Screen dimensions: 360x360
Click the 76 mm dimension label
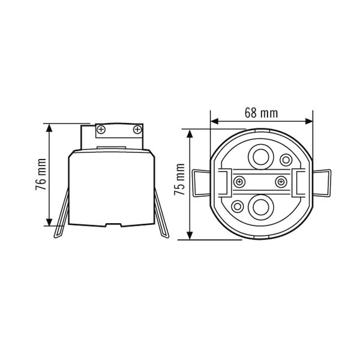(x=41, y=174)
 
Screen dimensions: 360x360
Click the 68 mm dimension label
(x=261, y=113)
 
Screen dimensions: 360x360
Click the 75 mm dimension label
(x=179, y=179)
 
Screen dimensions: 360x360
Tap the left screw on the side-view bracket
(x=101, y=130)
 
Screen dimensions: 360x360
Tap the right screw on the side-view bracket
(x=137, y=130)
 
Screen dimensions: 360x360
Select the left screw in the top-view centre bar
(x=239, y=182)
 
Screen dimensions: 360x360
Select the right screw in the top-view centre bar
(x=281, y=182)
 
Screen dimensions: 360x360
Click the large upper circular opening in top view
(x=260, y=157)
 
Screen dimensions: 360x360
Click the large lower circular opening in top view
(x=260, y=207)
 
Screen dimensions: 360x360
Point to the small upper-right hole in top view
(x=286, y=160)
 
